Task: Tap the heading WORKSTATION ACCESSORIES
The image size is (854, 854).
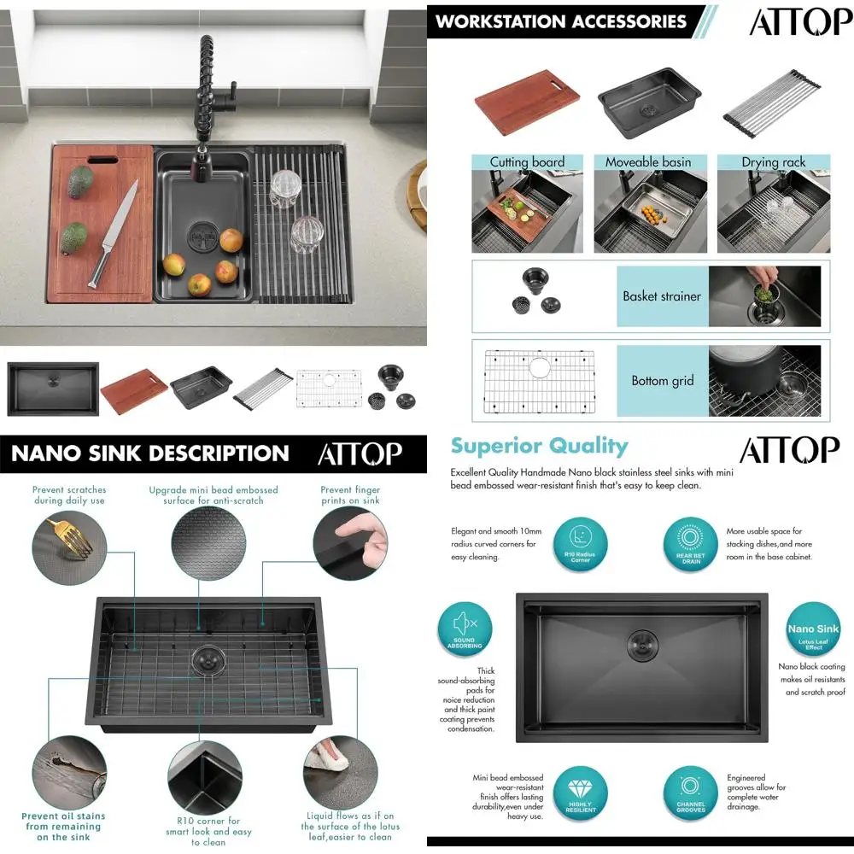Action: coord(561,21)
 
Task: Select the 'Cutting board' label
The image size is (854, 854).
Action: coord(527,162)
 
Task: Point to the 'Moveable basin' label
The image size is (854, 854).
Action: coord(648,162)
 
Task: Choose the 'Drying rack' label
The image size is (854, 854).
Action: coord(773,162)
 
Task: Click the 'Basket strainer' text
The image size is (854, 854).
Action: coord(662,296)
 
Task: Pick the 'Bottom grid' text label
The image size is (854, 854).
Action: coord(663,381)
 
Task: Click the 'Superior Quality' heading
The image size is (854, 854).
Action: coord(539,446)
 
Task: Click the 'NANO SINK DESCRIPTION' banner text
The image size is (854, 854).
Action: coord(150,453)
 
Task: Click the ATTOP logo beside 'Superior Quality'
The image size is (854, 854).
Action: coord(788,450)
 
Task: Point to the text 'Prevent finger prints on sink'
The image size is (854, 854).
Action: coord(350,495)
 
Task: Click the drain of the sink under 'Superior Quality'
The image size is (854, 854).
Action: coord(641,641)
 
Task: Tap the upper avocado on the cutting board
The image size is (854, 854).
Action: coord(80,180)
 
